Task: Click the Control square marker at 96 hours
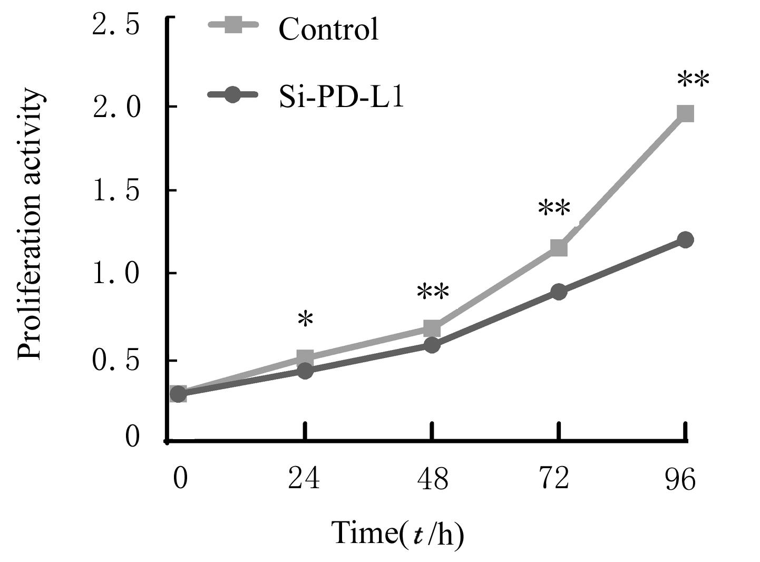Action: click(x=685, y=113)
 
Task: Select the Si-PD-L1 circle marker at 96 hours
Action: click(x=685, y=239)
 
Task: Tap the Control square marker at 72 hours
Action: click(x=559, y=247)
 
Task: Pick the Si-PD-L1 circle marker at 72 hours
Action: click(x=559, y=292)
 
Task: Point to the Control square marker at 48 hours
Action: click(x=432, y=328)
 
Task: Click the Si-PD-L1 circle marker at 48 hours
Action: click(x=432, y=345)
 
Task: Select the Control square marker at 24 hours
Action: click(x=305, y=358)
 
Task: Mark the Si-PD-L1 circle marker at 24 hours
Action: click(x=305, y=371)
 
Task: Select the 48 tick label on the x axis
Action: click(x=433, y=479)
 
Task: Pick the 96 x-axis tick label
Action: click(x=680, y=479)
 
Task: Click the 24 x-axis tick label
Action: click(x=304, y=479)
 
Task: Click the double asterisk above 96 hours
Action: click(x=693, y=81)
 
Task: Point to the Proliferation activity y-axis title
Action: click(x=30, y=224)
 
